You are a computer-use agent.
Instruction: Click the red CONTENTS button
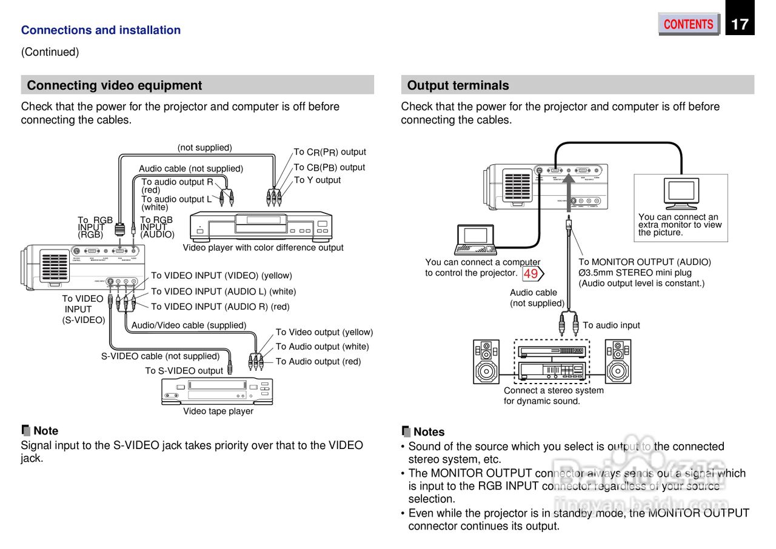[x=688, y=24]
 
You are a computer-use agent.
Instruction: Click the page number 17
[x=740, y=24]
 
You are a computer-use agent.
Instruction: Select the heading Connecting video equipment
[x=115, y=85]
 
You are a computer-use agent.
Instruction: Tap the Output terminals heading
[x=458, y=85]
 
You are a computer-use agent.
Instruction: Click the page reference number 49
[x=530, y=274]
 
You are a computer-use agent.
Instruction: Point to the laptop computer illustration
[x=477, y=239]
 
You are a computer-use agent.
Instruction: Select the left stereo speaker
[x=486, y=361]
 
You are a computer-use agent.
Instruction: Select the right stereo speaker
[x=618, y=361]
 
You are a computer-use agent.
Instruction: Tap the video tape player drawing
[x=217, y=391]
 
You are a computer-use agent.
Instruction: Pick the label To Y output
[x=317, y=180]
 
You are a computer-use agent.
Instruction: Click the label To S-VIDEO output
[x=184, y=371]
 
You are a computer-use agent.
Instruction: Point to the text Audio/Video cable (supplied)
[x=189, y=325]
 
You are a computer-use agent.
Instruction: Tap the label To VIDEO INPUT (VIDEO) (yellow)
[x=221, y=276]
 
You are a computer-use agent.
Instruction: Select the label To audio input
[x=611, y=325]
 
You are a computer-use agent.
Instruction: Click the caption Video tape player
[x=218, y=411]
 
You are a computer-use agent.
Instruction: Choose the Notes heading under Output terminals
[x=429, y=432]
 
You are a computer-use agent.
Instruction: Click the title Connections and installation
[x=101, y=30]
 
